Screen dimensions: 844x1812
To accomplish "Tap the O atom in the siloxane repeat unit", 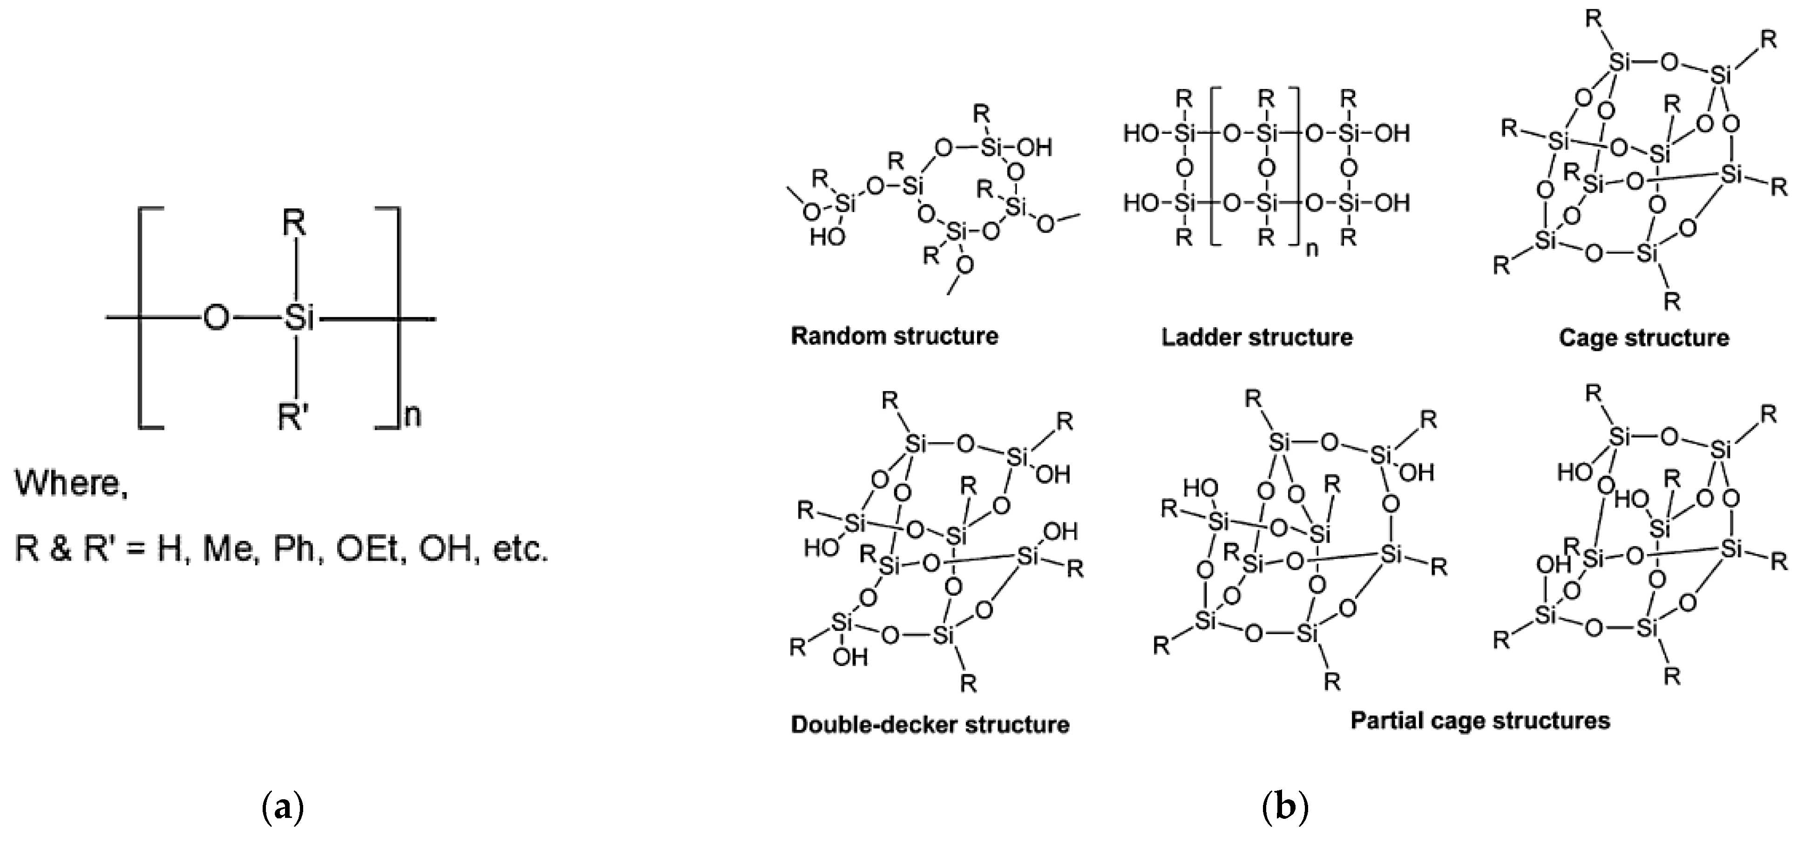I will coord(216,319).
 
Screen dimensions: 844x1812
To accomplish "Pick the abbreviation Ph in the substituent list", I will coord(293,549).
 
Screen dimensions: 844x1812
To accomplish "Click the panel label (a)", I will coord(282,807).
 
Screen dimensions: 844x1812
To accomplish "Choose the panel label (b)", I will coord(1284,807).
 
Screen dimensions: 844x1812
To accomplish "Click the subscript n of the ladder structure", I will coord(1312,249).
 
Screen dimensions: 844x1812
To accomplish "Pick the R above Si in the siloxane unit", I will coord(294,224).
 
